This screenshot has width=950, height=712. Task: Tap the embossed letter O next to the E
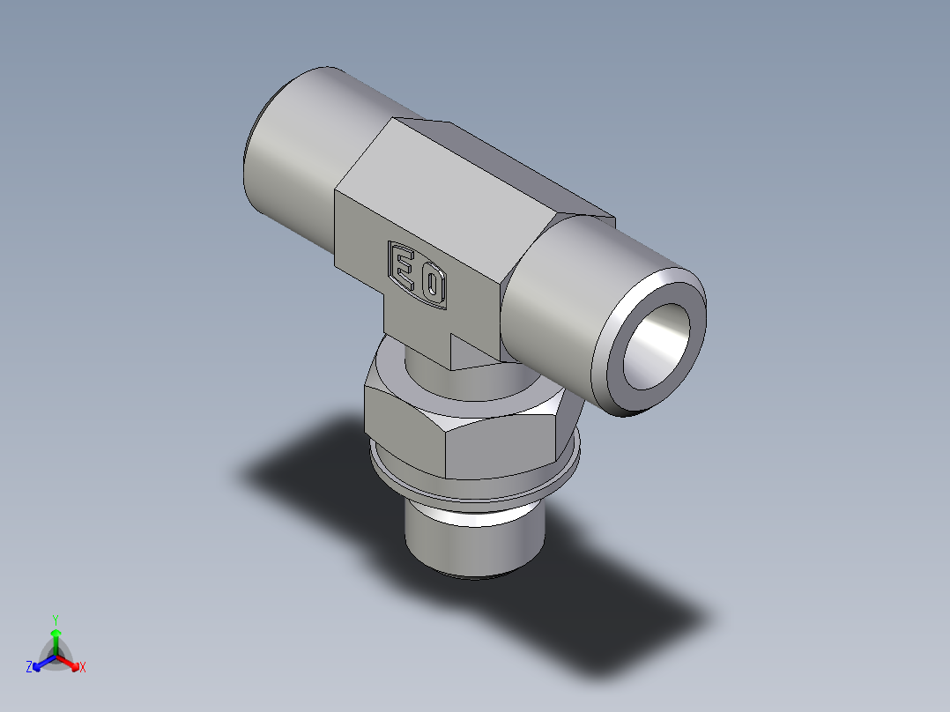(x=431, y=285)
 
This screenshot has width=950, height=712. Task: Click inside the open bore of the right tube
(x=657, y=347)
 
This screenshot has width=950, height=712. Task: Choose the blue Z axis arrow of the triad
(x=41, y=663)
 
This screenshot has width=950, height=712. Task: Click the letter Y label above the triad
(x=56, y=619)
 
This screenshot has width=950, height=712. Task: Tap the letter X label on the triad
(x=83, y=668)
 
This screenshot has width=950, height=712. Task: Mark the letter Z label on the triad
(x=29, y=667)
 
